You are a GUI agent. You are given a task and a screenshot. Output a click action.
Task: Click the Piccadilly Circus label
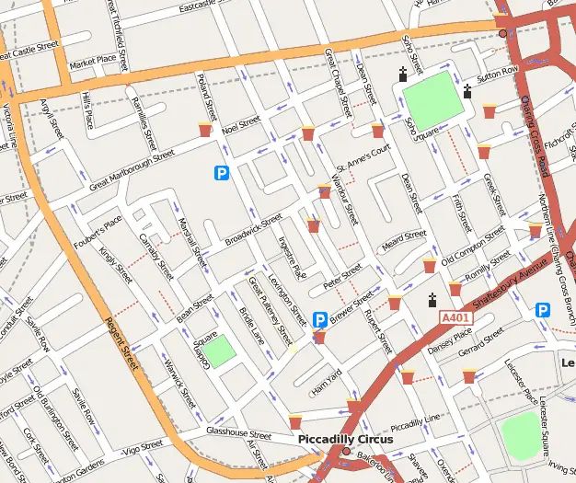pyautogui.click(x=345, y=440)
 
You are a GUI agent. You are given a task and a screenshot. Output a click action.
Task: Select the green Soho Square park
pyautogui.click(x=432, y=100)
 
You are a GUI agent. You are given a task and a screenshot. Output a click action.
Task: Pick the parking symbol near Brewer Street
pyautogui.click(x=320, y=319)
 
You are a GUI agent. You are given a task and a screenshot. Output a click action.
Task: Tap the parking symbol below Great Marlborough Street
pyautogui.click(x=221, y=172)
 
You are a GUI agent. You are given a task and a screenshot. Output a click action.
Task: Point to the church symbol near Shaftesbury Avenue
pyautogui.click(x=432, y=300)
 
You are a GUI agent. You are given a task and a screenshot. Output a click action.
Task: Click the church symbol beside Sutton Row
pyautogui.click(x=467, y=90)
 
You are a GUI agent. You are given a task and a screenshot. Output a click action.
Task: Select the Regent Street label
pyautogui.click(x=122, y=332)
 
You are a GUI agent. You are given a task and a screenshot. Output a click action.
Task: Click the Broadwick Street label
pyautogui.click(x=253, y=231)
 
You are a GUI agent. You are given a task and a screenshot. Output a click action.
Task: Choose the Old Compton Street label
pyautogui.click(x=474, y=247)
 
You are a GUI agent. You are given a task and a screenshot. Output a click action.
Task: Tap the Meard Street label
pyautogui.click(x=403, y=242)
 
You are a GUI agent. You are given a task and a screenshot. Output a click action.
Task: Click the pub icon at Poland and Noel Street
pyautogui.click(x=205, y=130)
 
